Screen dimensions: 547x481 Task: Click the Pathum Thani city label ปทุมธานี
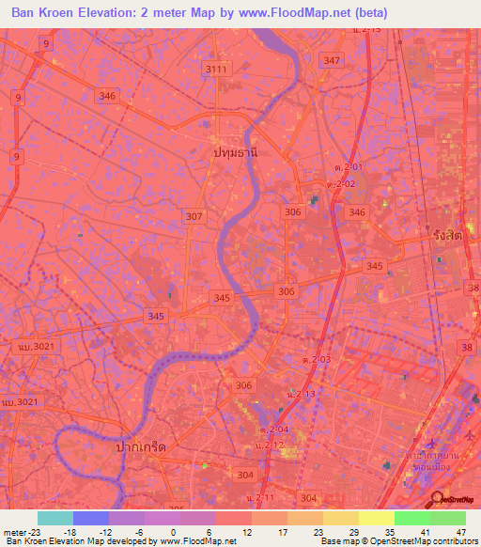(x=235, y=151)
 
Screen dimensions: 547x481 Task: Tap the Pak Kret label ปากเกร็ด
(x=136, y=448)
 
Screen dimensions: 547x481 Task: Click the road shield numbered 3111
(x=216, y=70)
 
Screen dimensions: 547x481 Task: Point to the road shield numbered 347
(x=331, y=60)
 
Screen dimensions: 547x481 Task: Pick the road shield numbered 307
(x=194, y=216)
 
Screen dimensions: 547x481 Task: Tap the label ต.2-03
(x=316, y=359)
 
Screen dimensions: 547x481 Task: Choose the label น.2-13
(x=302, y=393)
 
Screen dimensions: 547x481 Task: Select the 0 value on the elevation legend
(x=173, y=531)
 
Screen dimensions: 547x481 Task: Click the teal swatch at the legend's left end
(x=54, y=518)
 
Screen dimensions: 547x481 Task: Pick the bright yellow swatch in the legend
(x=376, y=518)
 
